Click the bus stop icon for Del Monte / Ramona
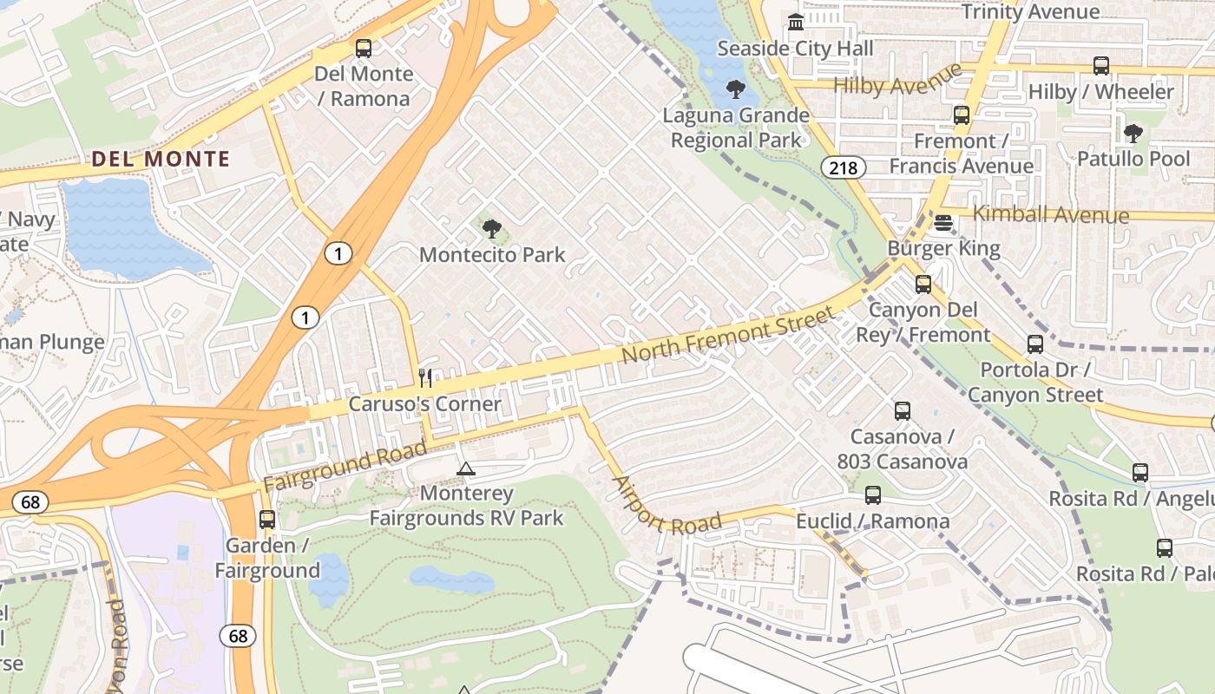[x=364, y=49]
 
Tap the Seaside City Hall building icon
[x=795, y=23]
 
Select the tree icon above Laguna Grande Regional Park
[x=736, y=88]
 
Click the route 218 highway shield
[x=844, y=167]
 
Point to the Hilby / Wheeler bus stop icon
[x=1100, y=66]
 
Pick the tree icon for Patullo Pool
[x=1133, y=133]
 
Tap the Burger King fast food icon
[x=943, y=223]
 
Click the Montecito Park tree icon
[x=492, y=229]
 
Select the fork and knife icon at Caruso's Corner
[x=425, y=377]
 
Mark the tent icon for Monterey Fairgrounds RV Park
[x=466, y=469]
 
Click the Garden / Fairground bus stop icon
[x=267, y=520]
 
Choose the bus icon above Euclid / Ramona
[x=873, y=495]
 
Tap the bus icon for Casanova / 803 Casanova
[x=903, y=411]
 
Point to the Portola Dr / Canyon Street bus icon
[x=1035, y=344]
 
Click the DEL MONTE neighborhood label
[x=161, y=160]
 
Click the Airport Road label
[x=666, y=506]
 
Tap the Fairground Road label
[x=345, y=467]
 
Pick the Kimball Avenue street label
[x=1051, y=214]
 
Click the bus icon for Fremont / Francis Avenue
[x=961, y=115]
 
